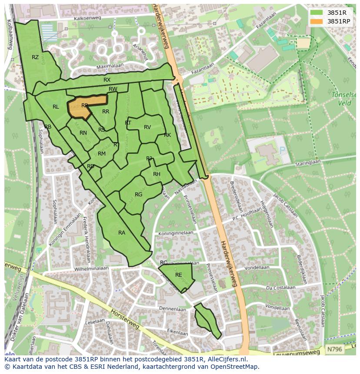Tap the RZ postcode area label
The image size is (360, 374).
tap(35, 57)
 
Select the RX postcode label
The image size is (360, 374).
tap(107, 80)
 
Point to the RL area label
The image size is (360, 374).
tap(56, 107)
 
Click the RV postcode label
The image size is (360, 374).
tap(147, 127)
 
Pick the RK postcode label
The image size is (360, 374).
tap(167, 135)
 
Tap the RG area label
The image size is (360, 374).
tap(138, 195)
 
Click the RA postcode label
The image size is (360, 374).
tap(122, 233)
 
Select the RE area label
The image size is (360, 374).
tap(178, 275)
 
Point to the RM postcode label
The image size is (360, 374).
tap(102, 154)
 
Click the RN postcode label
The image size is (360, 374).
tap(83, 133)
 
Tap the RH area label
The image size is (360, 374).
tap(157, 174)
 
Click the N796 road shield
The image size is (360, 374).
tap(334, 349)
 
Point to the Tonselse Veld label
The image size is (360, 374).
tap(344, 99)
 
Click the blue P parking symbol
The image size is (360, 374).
tap(283, 151)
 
